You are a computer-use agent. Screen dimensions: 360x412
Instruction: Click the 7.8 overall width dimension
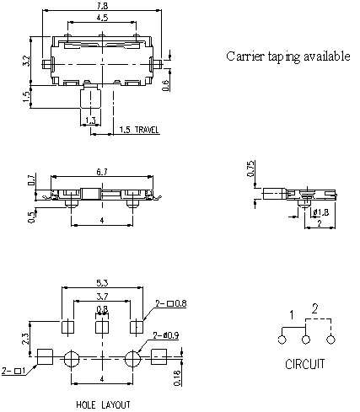(102, 6)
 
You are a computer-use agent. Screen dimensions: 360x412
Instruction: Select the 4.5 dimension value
(102, 18)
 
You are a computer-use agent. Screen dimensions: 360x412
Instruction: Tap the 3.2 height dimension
(26, 61)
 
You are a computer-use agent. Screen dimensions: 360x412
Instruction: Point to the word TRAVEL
(147, 130)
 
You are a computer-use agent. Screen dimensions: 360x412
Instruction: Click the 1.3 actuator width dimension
(90, 120)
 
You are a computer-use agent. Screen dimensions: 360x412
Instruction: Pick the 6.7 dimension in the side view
(102, 172)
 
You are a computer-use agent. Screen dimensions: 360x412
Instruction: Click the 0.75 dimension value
(250, 169)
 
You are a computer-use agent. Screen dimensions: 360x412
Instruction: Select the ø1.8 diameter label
(320, 212)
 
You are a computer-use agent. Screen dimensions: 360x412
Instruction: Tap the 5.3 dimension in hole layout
(102, 283)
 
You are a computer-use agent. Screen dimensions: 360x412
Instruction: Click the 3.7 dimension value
(102, 296)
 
